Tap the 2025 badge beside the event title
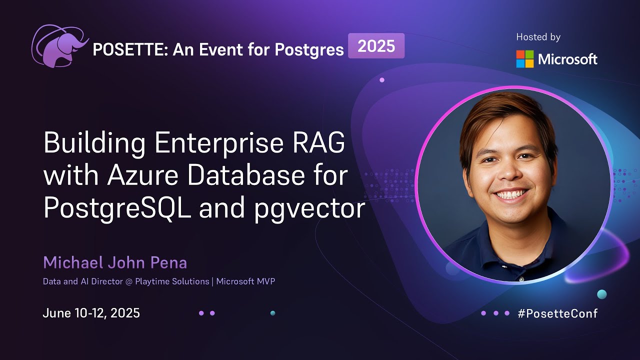pyautogui.click(x=376, y=46)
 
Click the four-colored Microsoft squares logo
pyautogui.click(x=524, y=59)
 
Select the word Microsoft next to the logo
pyautogui.click(x=567, y=59)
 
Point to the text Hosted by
pyautogui.click(x=538, y=37)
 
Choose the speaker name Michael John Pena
pyautogui.click(x=115, y=262)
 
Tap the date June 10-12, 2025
pyautogui.click(x=91, y=313)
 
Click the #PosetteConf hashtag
pyautogui.click(x=557, y=313)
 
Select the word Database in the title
pyautogui.click(x=252, y=176)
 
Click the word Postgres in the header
pyautogui.click(x=308, y=49)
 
